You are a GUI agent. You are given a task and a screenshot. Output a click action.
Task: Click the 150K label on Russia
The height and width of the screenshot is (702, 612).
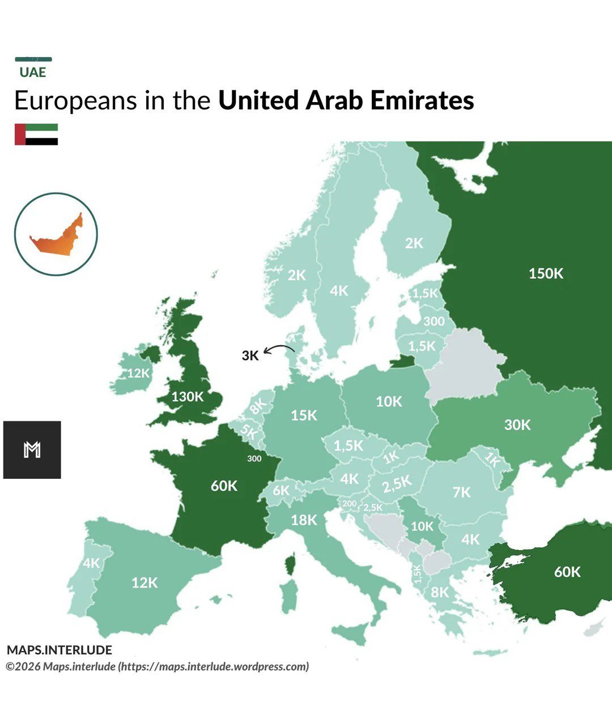pos(546,274)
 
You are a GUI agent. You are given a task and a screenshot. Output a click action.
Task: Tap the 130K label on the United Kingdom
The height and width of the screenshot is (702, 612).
pos(187,397)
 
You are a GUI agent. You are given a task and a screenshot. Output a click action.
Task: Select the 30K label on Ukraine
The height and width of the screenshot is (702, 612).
pos(517,424)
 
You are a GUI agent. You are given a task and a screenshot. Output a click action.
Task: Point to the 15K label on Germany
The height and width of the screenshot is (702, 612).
pos(304,415)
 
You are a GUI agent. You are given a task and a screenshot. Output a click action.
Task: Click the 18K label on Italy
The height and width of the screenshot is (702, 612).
pos(304,520)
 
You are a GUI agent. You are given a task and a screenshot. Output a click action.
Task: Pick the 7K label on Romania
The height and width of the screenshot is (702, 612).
pos(461,492)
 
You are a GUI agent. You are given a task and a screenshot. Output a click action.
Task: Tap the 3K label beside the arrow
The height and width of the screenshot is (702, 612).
pos(250,356)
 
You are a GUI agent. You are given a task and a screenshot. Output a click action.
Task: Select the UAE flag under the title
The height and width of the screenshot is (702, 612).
pos(36,134)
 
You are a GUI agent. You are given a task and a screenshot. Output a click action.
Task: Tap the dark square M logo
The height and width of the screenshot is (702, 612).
pos(32,450)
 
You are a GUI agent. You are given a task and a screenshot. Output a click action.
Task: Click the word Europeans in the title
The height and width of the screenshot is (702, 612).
pos(75,101)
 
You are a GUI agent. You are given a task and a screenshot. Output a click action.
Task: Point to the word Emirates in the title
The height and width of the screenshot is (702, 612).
pos(422,101)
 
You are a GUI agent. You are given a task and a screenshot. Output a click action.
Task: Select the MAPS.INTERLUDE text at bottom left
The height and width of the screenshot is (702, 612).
pos(59,650)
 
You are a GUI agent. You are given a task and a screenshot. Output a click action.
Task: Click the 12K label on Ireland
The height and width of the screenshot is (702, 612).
pos(138,373)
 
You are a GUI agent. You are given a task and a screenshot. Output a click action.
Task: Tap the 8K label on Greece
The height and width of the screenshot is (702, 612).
pos(440,592)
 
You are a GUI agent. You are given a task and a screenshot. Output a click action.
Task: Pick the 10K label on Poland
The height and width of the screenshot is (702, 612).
pos(389,402)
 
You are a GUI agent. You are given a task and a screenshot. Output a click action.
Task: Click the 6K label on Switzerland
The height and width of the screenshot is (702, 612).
pos(281,491)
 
